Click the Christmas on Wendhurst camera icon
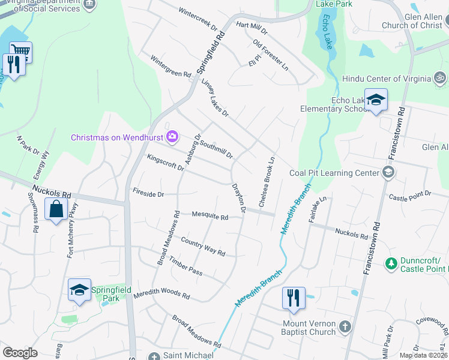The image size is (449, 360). click(x=173, y=137)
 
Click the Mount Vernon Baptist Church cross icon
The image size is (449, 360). click(x=345, y=327)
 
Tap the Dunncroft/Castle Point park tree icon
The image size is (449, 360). click(x=391, y=263)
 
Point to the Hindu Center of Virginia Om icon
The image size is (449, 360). click(x=440, y=79)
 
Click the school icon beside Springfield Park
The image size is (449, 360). click(x=79, y=290)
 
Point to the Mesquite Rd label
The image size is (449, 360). click(x=210, y=216)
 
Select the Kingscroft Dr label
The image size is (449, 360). click(x=165, y=162)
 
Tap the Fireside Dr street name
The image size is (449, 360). click(x=148, y=194)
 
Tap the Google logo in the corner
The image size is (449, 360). click(x=20, y=353)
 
